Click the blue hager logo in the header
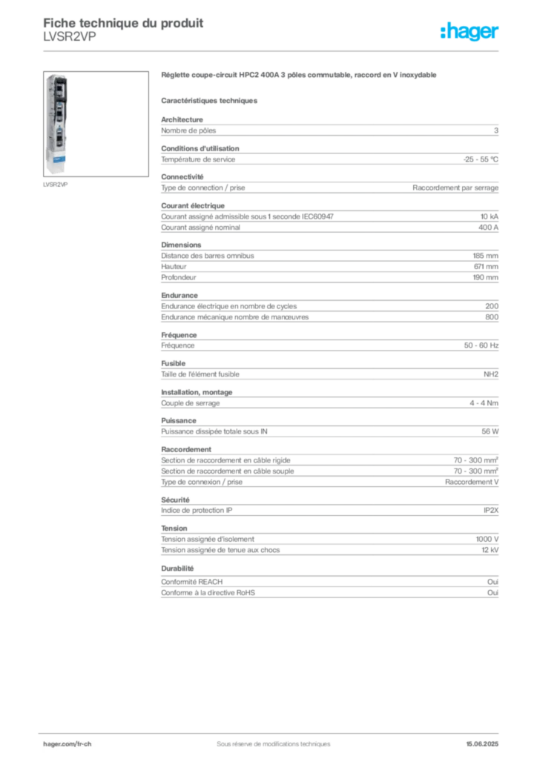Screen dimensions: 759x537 (x=470, y=31)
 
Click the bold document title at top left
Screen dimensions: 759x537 (x=122, y=19)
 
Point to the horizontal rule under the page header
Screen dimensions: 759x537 (x=273, y=50)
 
